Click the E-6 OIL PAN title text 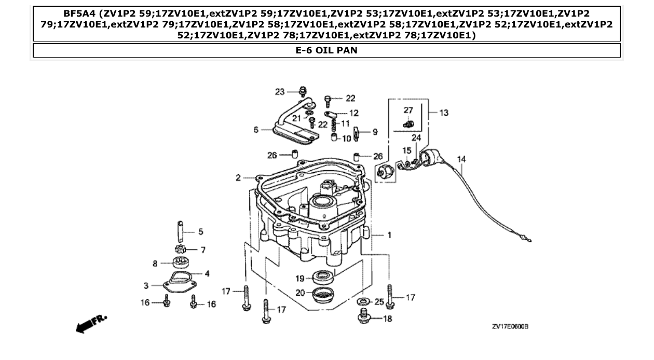326,51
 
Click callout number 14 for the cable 461,159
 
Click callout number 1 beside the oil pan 389,235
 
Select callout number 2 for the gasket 238,178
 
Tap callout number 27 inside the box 408,109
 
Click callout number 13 444,113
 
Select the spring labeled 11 334,124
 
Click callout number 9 374,132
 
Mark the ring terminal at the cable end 528,239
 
